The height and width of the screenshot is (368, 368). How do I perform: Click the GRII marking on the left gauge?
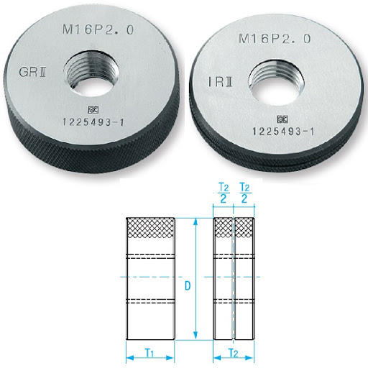(32, 72)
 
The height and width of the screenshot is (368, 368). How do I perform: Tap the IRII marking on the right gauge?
(220, 82)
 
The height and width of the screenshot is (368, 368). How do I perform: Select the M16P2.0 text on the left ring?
(98, 29)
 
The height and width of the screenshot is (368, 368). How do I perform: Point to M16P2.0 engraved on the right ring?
(275, 39)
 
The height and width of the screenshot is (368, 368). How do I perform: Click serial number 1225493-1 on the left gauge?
(93, 122)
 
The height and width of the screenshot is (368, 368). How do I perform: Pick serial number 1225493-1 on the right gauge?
(283, 132)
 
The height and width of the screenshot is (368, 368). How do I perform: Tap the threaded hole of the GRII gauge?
(91, 73)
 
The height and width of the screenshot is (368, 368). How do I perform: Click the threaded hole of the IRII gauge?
(276, 83)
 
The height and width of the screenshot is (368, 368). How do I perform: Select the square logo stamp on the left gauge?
(93, 110)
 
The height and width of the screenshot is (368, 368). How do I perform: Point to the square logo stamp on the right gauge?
(282, 119)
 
